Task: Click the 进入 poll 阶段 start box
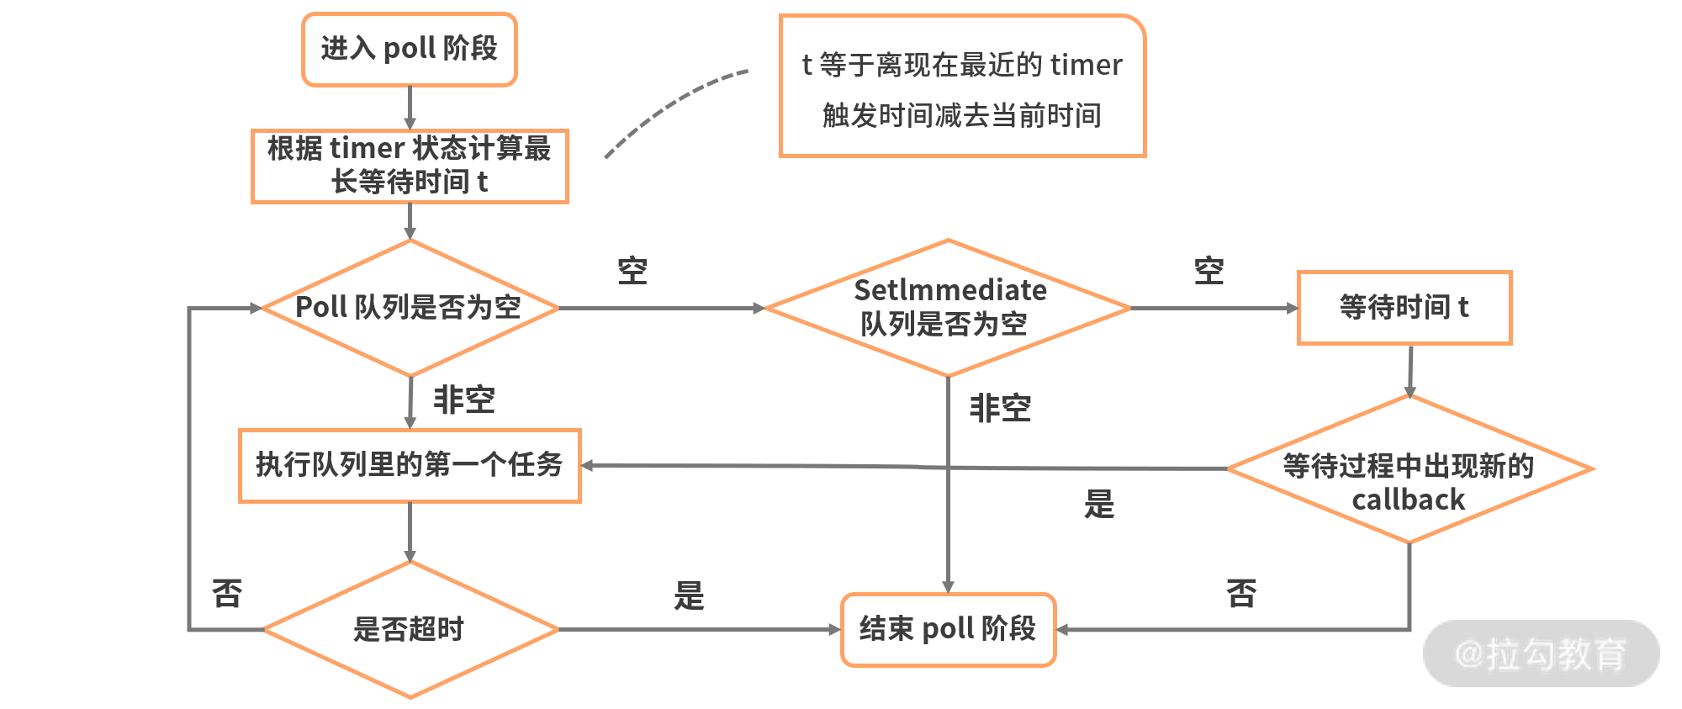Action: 410,50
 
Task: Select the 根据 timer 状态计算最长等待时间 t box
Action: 410,166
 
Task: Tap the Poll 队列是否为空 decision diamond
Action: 410,308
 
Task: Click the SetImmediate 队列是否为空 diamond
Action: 948,308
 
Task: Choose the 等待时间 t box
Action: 1404,308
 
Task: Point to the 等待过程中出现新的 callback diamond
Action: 1410,469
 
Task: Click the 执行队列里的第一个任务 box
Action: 410,465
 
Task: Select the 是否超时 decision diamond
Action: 410,629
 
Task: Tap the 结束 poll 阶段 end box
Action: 948,629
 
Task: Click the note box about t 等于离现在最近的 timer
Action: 962,86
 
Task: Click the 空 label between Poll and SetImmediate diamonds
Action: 632,271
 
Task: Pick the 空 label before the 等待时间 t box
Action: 1209,271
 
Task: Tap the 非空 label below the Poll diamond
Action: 463,399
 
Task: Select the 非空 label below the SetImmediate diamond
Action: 1000,408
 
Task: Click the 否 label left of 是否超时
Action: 227,594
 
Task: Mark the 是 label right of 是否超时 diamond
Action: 689,595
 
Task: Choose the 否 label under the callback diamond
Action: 1241,594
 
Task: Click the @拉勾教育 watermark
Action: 1541,653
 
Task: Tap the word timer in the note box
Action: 1086,65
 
